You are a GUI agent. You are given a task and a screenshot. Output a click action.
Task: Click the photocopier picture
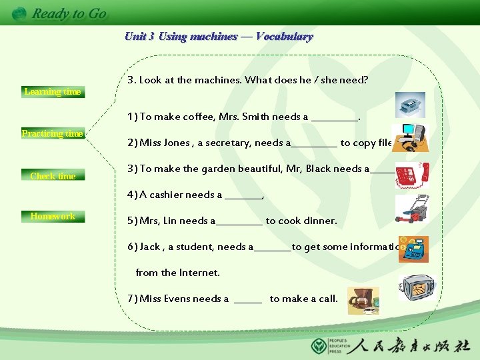(x=409, y=105)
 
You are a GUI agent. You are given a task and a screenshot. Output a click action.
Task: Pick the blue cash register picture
(x=413, y=249)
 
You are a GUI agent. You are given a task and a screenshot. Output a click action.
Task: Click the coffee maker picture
(x=363, y=301)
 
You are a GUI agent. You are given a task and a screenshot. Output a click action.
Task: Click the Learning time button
(x=52, y=92)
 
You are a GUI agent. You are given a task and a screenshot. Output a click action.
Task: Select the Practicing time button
(x=52, y=134)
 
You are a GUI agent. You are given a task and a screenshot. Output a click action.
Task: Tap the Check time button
(x=52, y=176)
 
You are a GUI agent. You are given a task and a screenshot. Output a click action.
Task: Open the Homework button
(x=52, y=216)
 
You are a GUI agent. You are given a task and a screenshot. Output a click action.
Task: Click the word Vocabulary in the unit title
(x=284, y=37)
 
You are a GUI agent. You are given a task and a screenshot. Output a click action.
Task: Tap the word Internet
(x=201, y=273)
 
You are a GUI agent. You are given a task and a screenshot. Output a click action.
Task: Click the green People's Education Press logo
(x=319, y=346)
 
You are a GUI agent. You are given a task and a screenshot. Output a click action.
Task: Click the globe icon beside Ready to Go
(x=19, y=13)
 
